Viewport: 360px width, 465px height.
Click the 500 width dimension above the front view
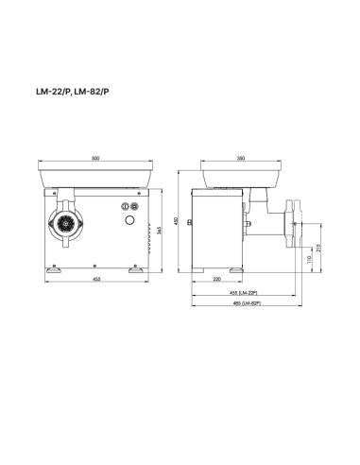[x=97, y=158]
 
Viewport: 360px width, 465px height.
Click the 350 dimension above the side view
[x=242, y=158]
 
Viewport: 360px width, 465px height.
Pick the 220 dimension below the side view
[x=217, y=281]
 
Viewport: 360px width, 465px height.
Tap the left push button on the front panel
[x=123, y=206]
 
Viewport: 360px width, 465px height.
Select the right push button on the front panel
[x=133, y=206]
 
